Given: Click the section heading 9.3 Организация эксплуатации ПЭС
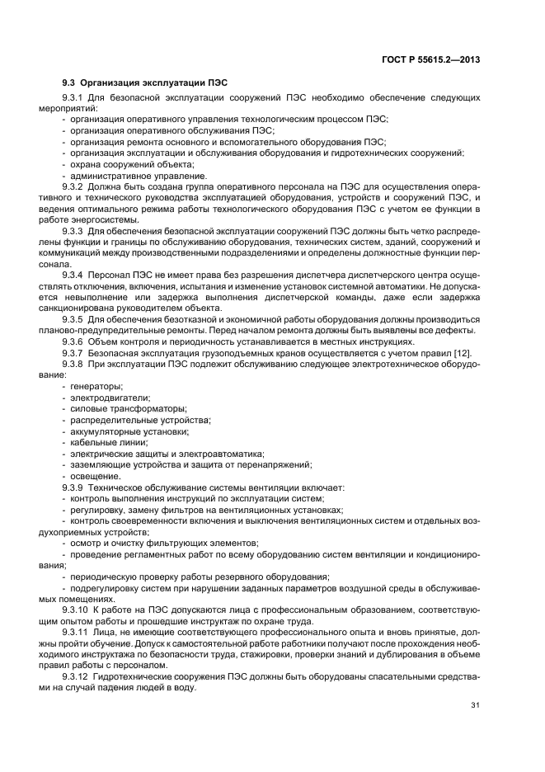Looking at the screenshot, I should [x=145, y=82].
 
